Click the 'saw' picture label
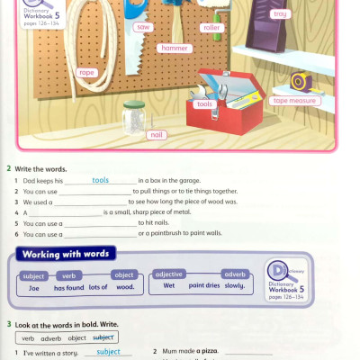[142, 28]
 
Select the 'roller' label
[211, 29]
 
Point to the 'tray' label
[280, 14]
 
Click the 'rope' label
[87, 72]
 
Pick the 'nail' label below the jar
[157, 134]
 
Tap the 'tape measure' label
[294, 101]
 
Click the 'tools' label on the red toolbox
[204, 104]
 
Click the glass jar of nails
[134, 116]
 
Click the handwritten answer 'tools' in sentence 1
[100, 180]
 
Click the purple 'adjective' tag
[169, 274]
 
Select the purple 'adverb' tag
[235, 274]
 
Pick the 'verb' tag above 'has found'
[67, 275]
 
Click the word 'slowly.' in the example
[234, 286]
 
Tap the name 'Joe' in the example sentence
[34, 288]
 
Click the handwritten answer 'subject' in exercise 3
[107, 352]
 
